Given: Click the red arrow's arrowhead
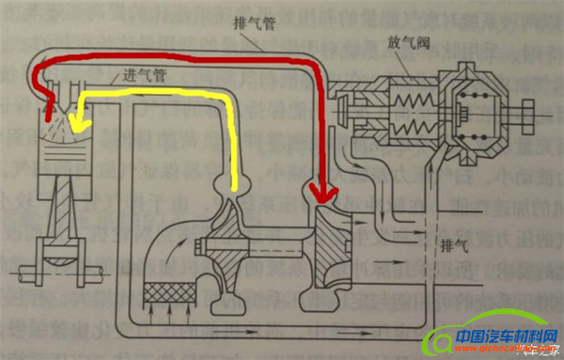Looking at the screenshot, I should (321, 196).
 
